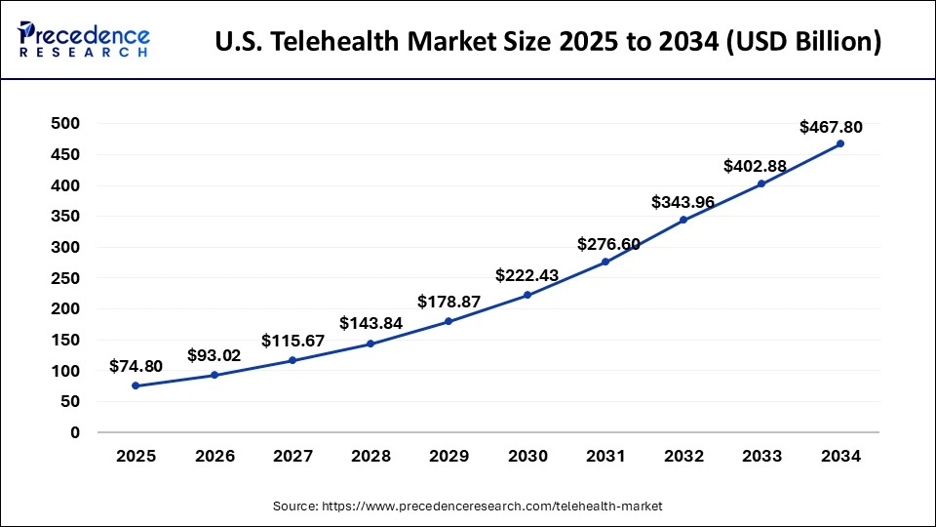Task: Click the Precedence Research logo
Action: (84, 40)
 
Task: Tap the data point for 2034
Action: (840, 143)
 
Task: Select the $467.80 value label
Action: (831, 127)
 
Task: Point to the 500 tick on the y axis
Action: (66, 124)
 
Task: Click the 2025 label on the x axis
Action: (135, 456)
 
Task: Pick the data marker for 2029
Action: (448, 321)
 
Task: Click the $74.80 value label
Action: (136, 367)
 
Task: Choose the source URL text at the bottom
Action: (468, 506)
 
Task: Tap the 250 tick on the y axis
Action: (66, 278)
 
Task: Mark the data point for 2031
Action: (605, 262)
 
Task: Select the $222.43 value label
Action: (527, 276)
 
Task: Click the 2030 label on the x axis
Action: (526, 456)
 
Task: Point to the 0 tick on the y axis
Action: (75, 432)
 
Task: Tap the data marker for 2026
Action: (214, 375)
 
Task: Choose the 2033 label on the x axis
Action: (761, 456)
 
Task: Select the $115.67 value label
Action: (292, 341)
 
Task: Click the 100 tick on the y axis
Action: (66, 371)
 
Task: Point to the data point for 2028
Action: (370, 344)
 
